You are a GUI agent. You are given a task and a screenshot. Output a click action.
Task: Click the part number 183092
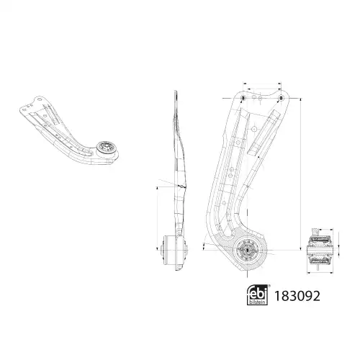(x=297, y=296)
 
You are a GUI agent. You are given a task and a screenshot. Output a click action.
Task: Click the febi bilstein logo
(x=257, y=295)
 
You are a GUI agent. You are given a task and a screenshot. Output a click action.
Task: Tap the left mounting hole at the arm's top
(x=243, y=98)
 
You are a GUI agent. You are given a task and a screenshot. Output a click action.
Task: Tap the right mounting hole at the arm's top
(x=281, y=98)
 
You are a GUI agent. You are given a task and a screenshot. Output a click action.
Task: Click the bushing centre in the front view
(x=247, y=251)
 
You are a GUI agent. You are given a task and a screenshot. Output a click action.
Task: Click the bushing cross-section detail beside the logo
(x=319, y=251)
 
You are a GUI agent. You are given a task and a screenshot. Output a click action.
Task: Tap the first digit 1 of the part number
(x=277, y=296)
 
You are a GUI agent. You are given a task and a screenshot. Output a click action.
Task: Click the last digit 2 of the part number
(x=316, y=296)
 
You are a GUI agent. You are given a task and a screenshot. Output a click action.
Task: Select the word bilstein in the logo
(x=257, y=302)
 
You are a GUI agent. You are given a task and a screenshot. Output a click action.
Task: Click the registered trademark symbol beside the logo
(x=269, y=286)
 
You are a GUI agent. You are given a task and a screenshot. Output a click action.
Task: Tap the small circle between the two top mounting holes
(x=254, y=97)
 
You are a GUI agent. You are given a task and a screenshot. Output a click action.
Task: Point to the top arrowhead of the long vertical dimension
(x=301, y=100)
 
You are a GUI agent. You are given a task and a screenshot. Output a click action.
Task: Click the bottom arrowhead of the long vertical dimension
(x=301, y=248)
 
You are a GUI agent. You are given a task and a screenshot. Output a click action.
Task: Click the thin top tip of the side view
(x=176, y=92)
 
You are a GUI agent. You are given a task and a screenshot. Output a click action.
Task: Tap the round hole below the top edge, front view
(x=254, y=129)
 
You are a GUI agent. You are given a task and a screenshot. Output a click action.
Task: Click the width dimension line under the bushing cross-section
(x=320, y=273)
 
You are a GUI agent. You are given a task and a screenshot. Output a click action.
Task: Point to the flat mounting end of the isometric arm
(x=31, y=106)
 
